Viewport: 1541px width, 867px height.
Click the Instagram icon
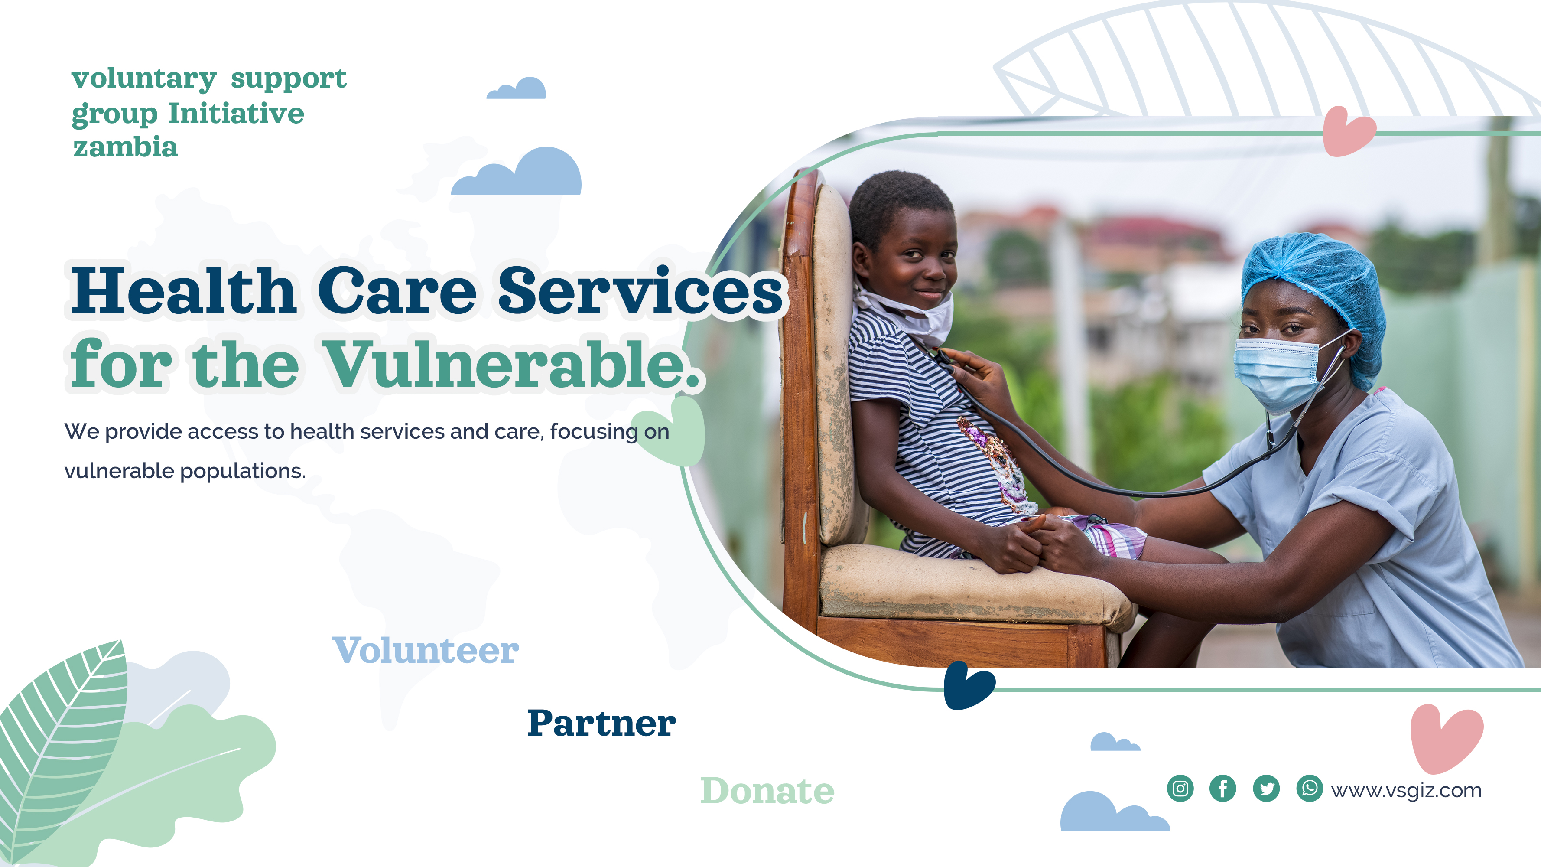coord(1180,788)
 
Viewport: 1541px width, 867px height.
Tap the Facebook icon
coord(1223,788)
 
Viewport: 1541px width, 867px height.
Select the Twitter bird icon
coord(1266,788)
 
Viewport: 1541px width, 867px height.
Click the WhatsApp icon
coord(1310,788)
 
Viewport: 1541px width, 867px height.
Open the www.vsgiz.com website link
coord(1406,790)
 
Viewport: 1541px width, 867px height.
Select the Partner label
coord(601,723)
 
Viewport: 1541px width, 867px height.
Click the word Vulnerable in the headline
coord(511,364)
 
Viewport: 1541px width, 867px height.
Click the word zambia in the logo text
coord(126,147)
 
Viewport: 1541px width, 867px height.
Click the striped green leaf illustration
coord(63,748)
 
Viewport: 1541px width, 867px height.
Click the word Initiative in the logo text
coord(236,114)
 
